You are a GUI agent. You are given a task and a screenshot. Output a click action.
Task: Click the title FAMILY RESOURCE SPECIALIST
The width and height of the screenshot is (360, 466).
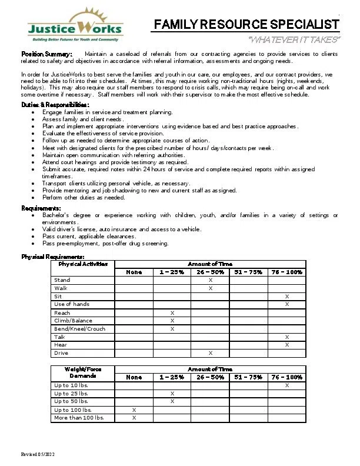pos(246,24)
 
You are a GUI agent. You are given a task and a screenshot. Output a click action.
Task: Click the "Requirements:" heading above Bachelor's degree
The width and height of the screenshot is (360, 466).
pos(41,208)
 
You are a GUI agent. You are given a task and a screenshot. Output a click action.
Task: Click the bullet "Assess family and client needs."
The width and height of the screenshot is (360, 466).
pos(83,119)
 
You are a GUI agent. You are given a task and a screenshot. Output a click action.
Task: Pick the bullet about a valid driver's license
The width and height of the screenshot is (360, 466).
pos(122,229)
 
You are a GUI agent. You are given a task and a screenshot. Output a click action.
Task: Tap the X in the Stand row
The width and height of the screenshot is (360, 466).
pos(210,280)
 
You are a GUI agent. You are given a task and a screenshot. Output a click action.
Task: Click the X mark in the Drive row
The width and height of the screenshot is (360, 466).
pos(210,353)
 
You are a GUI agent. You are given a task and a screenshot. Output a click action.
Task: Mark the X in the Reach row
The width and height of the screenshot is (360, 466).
pos(172,312)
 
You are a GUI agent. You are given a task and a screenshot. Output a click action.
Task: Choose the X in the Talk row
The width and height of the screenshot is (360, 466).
pos(286,337)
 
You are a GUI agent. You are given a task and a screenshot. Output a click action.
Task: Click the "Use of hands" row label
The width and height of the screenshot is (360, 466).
pos(72,304)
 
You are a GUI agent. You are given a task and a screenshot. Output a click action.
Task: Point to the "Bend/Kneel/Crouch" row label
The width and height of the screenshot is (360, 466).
pos(80,329)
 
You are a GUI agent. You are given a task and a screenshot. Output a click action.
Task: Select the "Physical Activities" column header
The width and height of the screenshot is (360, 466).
pos(83,264)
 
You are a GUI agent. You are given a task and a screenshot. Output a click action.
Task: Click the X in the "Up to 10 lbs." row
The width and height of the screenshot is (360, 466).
pos(286,385)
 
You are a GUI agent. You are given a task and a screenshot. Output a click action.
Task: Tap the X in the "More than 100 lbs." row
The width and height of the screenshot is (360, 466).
pos(134,418)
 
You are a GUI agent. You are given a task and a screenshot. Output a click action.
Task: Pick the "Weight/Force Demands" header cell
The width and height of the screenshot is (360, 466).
pos(83,372)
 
